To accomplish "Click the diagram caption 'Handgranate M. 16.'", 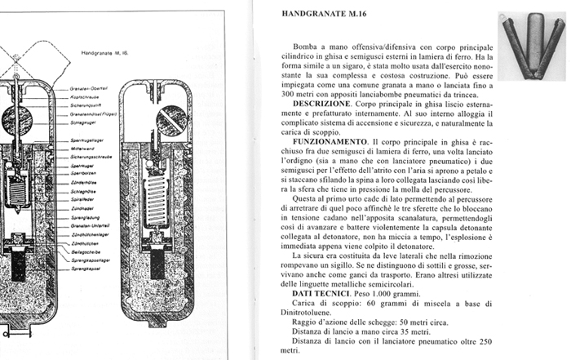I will (107, 51).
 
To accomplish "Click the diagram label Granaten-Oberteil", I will (88, 87).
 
